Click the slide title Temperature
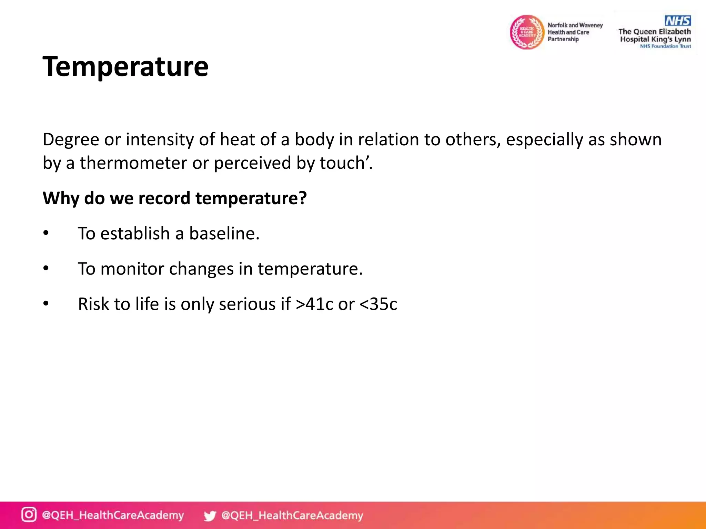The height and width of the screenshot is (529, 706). click(125, 66)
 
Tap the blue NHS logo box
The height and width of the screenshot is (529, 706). click(677, 21)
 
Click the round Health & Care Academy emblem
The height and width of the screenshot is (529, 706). click(527, 32)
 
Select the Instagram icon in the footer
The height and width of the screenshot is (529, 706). click(29, 515)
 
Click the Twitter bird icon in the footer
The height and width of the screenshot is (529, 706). click(210, 516)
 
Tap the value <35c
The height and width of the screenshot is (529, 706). click(378, 304)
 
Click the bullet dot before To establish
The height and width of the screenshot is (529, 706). click(46, 233)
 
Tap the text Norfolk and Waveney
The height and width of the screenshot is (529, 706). click(575, 25)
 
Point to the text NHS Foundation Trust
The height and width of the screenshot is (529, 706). click(665, 46)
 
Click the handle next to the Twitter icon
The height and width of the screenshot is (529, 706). click(292, 515)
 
